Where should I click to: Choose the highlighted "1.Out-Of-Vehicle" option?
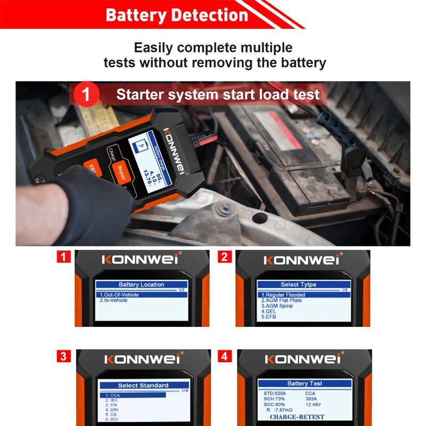click(x=123, y=294)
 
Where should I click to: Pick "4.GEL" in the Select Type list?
click(x=268, y=312)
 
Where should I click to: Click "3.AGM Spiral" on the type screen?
click(x=277, y=306)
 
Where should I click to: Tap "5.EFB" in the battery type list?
click(x=268, y=317)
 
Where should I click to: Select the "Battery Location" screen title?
click(x=141, y=284)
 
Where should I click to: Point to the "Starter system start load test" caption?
click(x=218, y=95)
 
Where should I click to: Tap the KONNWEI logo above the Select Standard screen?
click(x=141, y=359)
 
